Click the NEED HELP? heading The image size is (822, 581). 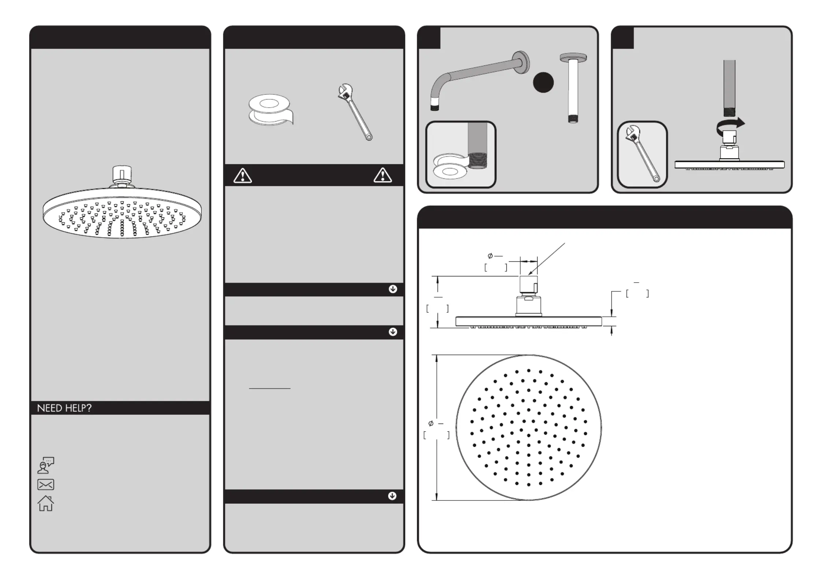click(64, 408)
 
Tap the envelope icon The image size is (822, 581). click(46, 484)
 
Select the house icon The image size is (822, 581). click(46, 503)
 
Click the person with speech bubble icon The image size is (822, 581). click(46, 465)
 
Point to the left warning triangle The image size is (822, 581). click(242, 176)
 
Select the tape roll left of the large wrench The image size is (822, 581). click(270, 110)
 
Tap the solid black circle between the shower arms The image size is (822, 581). click(543, 82)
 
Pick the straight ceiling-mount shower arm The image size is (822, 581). click(573, 88)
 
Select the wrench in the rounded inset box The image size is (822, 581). click(642, 154)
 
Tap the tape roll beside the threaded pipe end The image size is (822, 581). click(450, 165)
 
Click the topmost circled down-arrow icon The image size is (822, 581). click(393, 289)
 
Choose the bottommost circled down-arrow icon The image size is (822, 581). click(392, 496)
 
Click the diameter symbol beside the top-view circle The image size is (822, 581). click(431, 424)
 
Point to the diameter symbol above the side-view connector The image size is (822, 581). click(490, 256)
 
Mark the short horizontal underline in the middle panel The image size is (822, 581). click(269, 388)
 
